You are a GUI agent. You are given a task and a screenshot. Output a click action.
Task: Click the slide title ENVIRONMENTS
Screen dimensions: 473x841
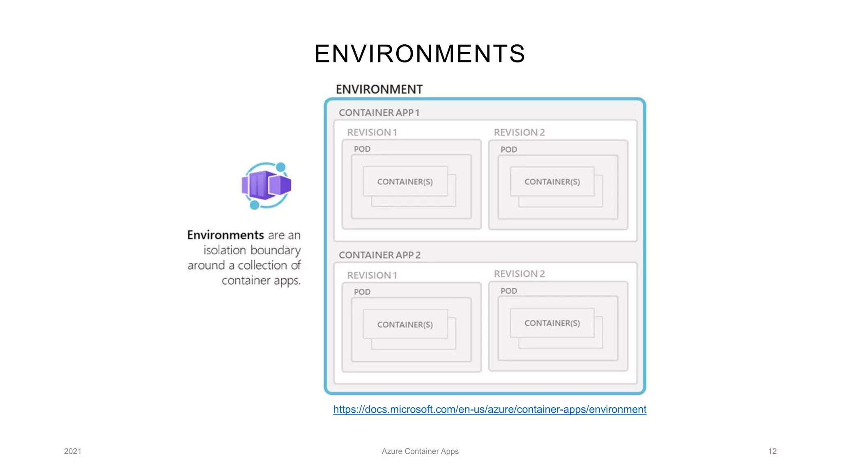[x=420, y=54]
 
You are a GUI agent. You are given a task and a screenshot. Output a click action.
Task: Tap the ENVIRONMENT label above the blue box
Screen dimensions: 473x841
[x=379, y=89]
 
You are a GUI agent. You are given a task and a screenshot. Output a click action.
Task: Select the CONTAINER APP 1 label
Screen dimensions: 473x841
[x=379, y=113]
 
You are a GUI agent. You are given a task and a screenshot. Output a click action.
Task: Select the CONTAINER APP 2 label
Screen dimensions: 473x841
[x=379, y=255]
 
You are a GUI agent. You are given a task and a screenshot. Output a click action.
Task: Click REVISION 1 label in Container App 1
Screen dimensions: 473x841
[x=372, y=132]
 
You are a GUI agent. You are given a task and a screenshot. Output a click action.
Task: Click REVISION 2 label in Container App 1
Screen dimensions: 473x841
[x=519, y=132]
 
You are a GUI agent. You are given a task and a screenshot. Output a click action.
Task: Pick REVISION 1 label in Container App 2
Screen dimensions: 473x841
[x=372, y=275]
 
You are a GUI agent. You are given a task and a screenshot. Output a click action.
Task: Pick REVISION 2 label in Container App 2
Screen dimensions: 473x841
[x=519, y=274]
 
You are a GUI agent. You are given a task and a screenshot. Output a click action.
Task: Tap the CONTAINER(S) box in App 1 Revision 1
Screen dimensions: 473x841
[x=405, y=181]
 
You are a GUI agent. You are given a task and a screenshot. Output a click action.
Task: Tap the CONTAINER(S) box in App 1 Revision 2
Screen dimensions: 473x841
[x=552, y=181]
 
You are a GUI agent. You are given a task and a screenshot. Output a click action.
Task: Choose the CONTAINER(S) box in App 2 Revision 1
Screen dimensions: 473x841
[x=405, y=324]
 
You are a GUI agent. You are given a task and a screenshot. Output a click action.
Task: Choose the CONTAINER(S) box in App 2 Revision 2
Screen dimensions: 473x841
[x=552, y=323]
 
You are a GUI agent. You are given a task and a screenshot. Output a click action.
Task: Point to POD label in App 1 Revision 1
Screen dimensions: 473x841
[x=362, y=149]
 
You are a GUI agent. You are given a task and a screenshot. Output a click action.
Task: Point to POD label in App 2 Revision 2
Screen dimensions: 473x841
[x=509, y=291]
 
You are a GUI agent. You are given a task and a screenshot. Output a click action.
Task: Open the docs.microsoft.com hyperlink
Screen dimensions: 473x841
[x=489, y=409]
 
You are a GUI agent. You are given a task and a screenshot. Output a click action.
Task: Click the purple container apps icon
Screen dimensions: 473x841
[x=266, y=186]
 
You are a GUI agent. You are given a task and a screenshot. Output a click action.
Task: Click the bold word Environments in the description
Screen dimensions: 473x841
[x=225, y=235]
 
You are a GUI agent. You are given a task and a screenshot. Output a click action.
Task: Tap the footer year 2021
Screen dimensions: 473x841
[x=73, y=451]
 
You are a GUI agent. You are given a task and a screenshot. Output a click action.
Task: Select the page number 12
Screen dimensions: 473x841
[x=772, y=451]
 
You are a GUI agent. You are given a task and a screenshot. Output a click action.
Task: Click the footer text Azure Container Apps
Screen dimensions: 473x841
[x=420, y=451]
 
